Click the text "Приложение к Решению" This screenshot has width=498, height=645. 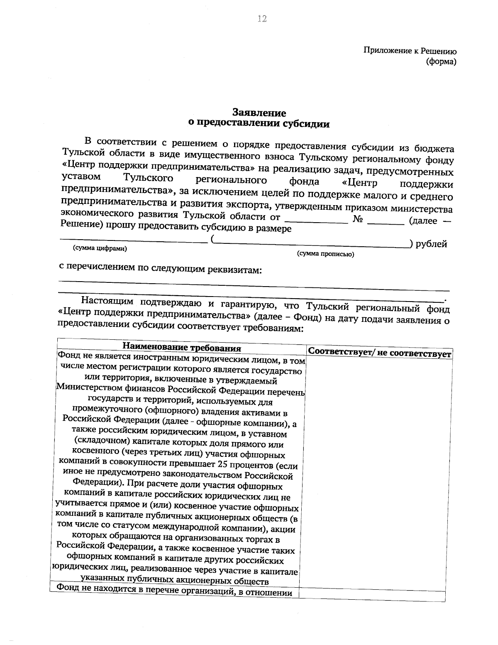(410, 51)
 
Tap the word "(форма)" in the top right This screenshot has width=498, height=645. (441, 62)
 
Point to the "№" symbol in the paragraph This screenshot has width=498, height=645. (358, 219)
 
